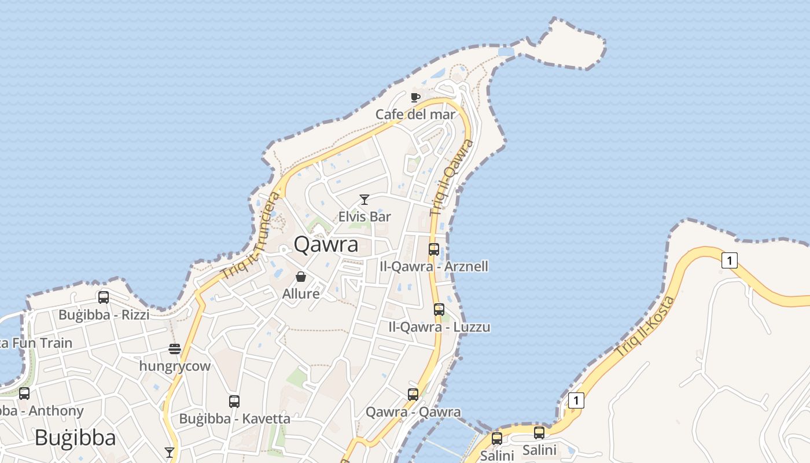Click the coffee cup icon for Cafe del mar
415,97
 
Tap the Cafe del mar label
415,114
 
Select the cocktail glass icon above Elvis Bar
365,200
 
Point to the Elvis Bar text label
365,217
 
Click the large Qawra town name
326,244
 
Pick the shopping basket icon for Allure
301,277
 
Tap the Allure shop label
301,294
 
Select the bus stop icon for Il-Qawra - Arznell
433,249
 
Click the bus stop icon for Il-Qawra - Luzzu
439,310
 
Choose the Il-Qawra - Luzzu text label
439,327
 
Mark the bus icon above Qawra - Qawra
413,395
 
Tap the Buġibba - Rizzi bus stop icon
104,297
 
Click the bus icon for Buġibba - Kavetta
234,401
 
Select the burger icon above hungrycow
175,349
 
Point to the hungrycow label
175,366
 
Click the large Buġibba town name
75,438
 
